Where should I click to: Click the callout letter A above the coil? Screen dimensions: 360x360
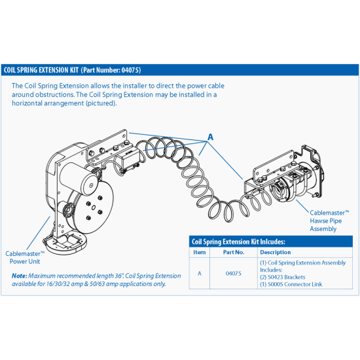tap(210, 137)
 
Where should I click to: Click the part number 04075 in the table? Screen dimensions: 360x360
tap(234, 272)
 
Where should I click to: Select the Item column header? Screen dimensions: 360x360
tap(200, 252)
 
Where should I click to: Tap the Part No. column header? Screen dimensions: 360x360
tap(234, 252)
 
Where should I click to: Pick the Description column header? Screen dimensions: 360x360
tap(276, 252)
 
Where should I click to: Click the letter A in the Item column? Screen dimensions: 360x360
tap(200, 272)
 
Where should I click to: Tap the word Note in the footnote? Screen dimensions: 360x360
tap(19, 276)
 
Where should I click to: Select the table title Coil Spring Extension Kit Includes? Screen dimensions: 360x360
tap(236, 242)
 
